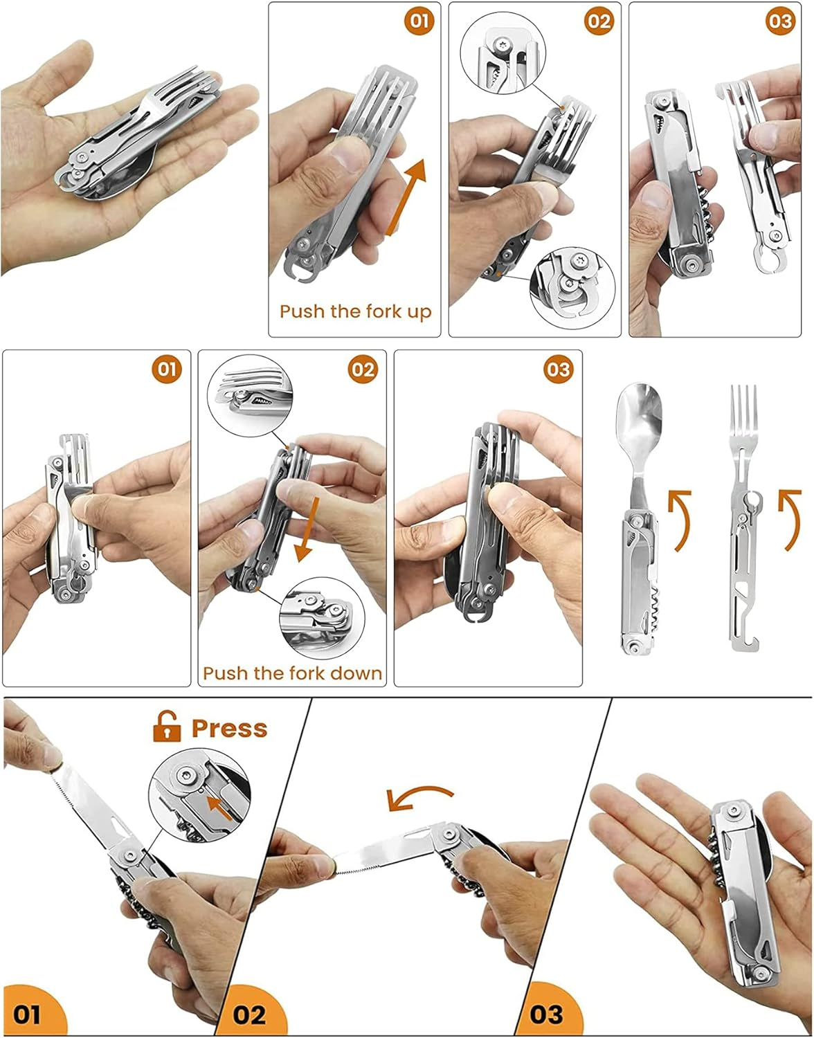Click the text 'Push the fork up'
[355, 311]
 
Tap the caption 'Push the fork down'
[292, 673]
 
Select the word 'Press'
[229, 728]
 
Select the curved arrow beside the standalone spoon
[680, 519]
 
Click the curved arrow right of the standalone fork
[790, 519]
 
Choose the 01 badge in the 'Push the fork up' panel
[419, 21]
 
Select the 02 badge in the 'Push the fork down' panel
[363, 370]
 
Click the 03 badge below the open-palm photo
[546, 1014]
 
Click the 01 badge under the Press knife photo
[28, 1014]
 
